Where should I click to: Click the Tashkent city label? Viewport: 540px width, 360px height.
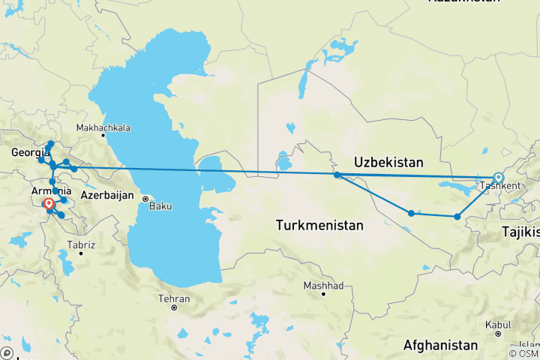[x=498, y=185]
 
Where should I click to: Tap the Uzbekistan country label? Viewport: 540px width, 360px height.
[x=389, y=162]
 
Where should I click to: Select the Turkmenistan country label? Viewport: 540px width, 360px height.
[x=319, y=224]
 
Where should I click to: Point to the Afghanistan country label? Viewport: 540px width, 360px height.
[x=440, y=345]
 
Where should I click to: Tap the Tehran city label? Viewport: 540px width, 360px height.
[x=173, y=298]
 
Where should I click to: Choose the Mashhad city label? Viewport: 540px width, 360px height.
[x=323, y=286]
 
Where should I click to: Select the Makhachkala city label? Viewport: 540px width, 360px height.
[x=103, y=127]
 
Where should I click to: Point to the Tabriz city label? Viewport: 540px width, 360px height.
[x=80, y=244]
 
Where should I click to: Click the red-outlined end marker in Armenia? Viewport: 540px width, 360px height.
[x=49, y=203]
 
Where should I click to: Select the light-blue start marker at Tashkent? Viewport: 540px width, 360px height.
[x=498, y=178]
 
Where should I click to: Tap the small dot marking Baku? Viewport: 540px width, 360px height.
[x=145, y=199]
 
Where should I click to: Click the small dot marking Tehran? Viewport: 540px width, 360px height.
[x=173, y=307]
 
